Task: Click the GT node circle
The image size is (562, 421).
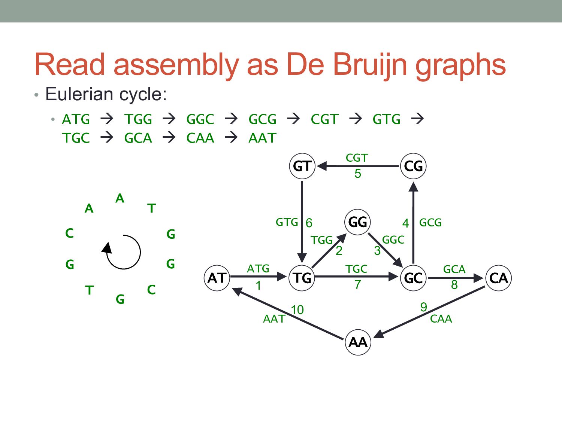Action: [302, 166]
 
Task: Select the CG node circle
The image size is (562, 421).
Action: [413, 166]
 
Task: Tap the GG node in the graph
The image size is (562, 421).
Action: [357, 222]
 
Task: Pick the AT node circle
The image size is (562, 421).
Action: [217, 278]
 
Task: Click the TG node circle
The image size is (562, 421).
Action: [302, 278]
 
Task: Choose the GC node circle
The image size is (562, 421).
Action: [413, 278]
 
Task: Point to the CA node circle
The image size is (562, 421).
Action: [498, 278]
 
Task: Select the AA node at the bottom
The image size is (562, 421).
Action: [358, 342]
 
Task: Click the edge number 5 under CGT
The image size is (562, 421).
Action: [358, 174]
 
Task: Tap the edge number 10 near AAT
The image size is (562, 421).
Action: [297, 310]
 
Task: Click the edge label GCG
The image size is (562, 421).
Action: [430, 223]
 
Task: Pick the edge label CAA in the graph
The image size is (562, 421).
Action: [441, 319]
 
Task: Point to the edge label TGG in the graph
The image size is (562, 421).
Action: [321, 240]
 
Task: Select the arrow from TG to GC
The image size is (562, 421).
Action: [356, 277]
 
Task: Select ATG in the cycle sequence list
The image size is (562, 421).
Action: [76, 119]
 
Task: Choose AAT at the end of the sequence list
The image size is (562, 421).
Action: [262, 138]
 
